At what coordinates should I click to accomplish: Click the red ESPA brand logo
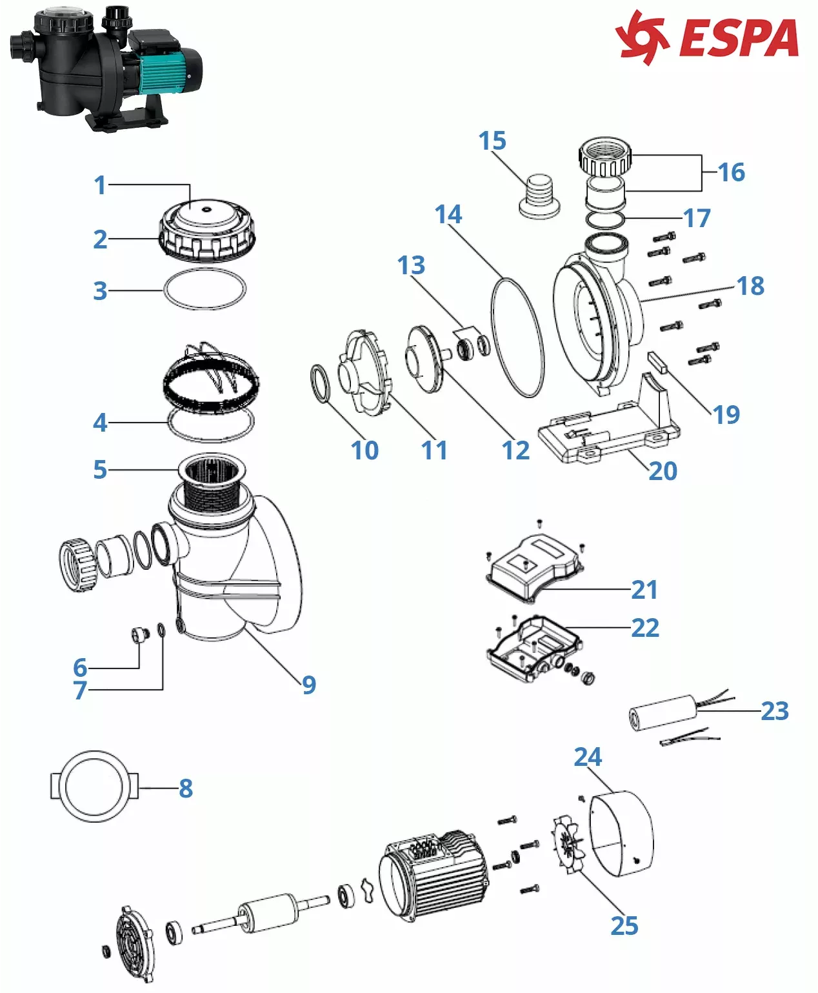pyautogui.click(x=707, y=37)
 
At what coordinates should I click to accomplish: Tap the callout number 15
pyautogui.click(x=492, y=141)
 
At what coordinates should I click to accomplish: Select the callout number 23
pyautogui.click(x=775, y=710)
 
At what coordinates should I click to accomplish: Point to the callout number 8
pyautogui.click(x=186, y=788)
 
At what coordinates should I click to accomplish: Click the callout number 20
pyautogui.click(x=663, y=471)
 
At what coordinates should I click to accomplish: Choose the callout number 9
pyautogui.click(x=309, y=685)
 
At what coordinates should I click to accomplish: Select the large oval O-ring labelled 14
pyautogui.click(x=517, y=337)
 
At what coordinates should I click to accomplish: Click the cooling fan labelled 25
pyautogui.click(x=568, y=846)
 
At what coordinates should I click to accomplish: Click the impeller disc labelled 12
pyautogui.click(x=426, y=359)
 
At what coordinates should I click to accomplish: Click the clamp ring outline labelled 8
pyautogui.click(x=94, y=787)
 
